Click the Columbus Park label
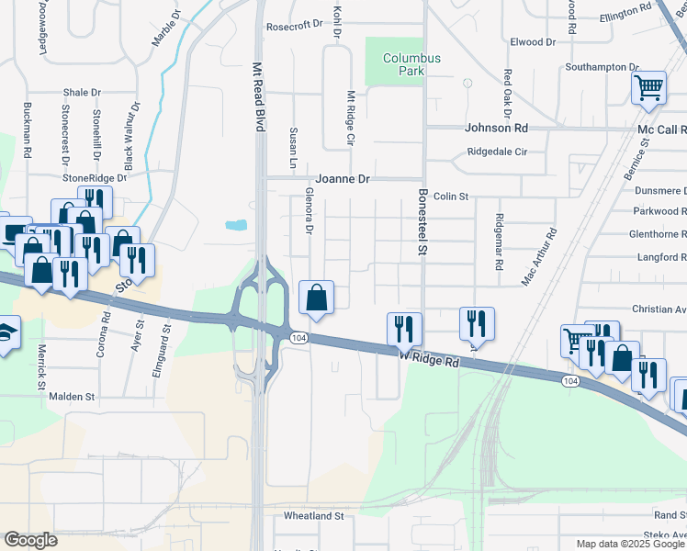411,64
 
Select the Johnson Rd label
496,129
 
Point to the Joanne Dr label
342,180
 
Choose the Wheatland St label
313,516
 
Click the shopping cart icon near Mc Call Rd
648,89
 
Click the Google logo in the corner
30,540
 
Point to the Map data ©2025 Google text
630,544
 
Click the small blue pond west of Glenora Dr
236,224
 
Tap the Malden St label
73,397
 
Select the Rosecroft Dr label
296,26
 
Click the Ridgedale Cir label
497,152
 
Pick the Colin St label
451,197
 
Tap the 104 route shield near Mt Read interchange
298,338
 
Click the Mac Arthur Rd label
540,258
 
